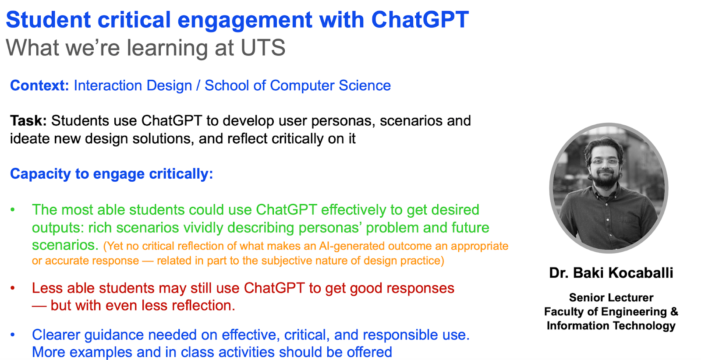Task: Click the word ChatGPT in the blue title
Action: pyautogui.click(x=420, y=20)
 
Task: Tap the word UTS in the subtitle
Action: pyautogui.click(x=263, y=48)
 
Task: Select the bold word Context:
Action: pyautogui.click(x=39, y=85)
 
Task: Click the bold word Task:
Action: pyautogui.click(x=28, y=121)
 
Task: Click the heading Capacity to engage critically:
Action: pyautogui.click(x=111, y=174)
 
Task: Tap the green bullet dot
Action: pyautogui.click(x=13, y=209)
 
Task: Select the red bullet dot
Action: pyautogui.click(x=13, y=288)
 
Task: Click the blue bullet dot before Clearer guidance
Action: pyautogui.click(x=13, y=335)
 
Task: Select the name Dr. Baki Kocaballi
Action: pyautogui.click(x=611, y=273)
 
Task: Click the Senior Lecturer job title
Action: pyautogui.click(x=611, y=297)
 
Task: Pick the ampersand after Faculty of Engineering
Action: pyautogui.click(x=674, y=311)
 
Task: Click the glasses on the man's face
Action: pyautogui.click(x=605, y=162)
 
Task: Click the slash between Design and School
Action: pyautogui.click(x=198, y=86)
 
